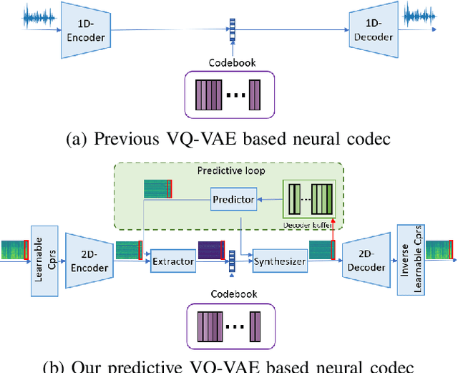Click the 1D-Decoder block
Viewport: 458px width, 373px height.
click(374, 29)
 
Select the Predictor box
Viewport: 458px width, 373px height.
click(233, 199)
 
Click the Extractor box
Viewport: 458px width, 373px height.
click(173, 262)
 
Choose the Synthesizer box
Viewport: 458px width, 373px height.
click(279, 262)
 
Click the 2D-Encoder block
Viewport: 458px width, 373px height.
click(88, 263)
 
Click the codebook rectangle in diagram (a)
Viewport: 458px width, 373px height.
click(229, 95)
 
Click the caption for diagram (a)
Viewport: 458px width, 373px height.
click(228, 140)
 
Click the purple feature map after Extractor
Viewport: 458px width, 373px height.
click(212, 250)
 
